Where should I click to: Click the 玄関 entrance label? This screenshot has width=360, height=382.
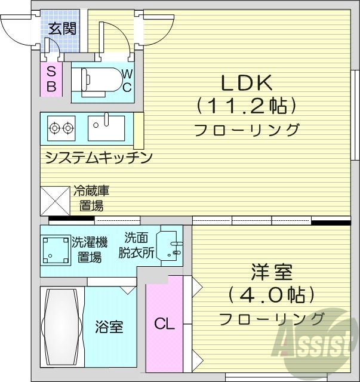tap(62, 28)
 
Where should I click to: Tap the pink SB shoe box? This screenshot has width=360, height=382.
tap(51, 78)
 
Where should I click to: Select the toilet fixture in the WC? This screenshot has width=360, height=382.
tap(99, 79)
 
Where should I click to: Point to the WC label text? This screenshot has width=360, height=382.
tap(127, 80)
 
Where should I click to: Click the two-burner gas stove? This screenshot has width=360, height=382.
tap(61, 127)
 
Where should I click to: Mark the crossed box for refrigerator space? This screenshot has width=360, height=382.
tap(55, 201)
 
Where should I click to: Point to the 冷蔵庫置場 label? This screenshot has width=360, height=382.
tap(91, 199)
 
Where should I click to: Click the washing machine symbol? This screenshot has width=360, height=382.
tap(55, 249)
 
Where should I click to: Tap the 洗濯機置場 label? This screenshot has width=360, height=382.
tap(90, 249)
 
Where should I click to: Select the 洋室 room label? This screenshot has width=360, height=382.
tap(271, 273)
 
